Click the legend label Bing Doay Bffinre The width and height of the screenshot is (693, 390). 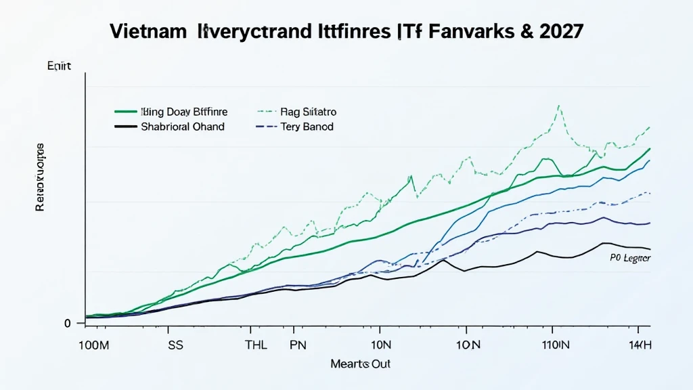tap(184, 112)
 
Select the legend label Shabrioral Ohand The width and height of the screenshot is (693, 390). tap(183, 127)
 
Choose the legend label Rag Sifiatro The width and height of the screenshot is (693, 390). tap(308, 112)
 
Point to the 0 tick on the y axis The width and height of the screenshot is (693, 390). tap(68, 323)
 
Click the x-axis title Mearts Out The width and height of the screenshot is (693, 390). tap(361, 364)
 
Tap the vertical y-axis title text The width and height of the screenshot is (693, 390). tap(39, 177)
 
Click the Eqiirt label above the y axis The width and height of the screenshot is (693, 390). tap(60, 66)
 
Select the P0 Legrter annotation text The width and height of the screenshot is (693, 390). tap(631, 259)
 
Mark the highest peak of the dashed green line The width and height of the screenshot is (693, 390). tap(559, 106)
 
